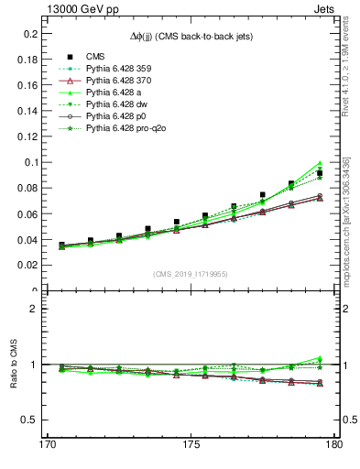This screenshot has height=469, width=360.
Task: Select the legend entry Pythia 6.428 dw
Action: [118, 105]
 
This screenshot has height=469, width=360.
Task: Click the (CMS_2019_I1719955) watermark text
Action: [191, 273]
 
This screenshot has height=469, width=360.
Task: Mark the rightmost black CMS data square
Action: [320, 173]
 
